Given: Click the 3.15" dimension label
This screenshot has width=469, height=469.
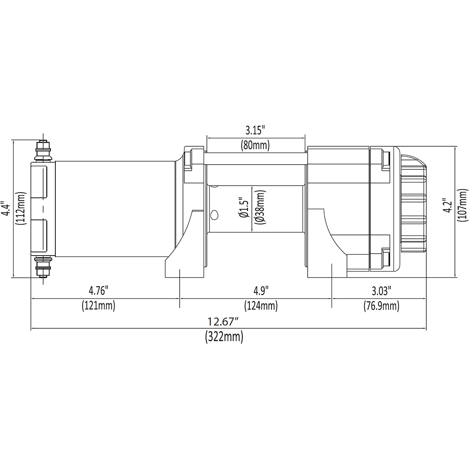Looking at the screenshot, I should coord(255,130).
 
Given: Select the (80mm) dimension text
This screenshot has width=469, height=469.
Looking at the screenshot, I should coord(255,145).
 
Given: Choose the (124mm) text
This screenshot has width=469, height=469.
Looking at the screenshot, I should coord(261,306).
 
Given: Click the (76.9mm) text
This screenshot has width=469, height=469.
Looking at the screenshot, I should coord(381,306).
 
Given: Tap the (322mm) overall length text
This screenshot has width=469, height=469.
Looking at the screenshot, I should coord(224,337).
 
